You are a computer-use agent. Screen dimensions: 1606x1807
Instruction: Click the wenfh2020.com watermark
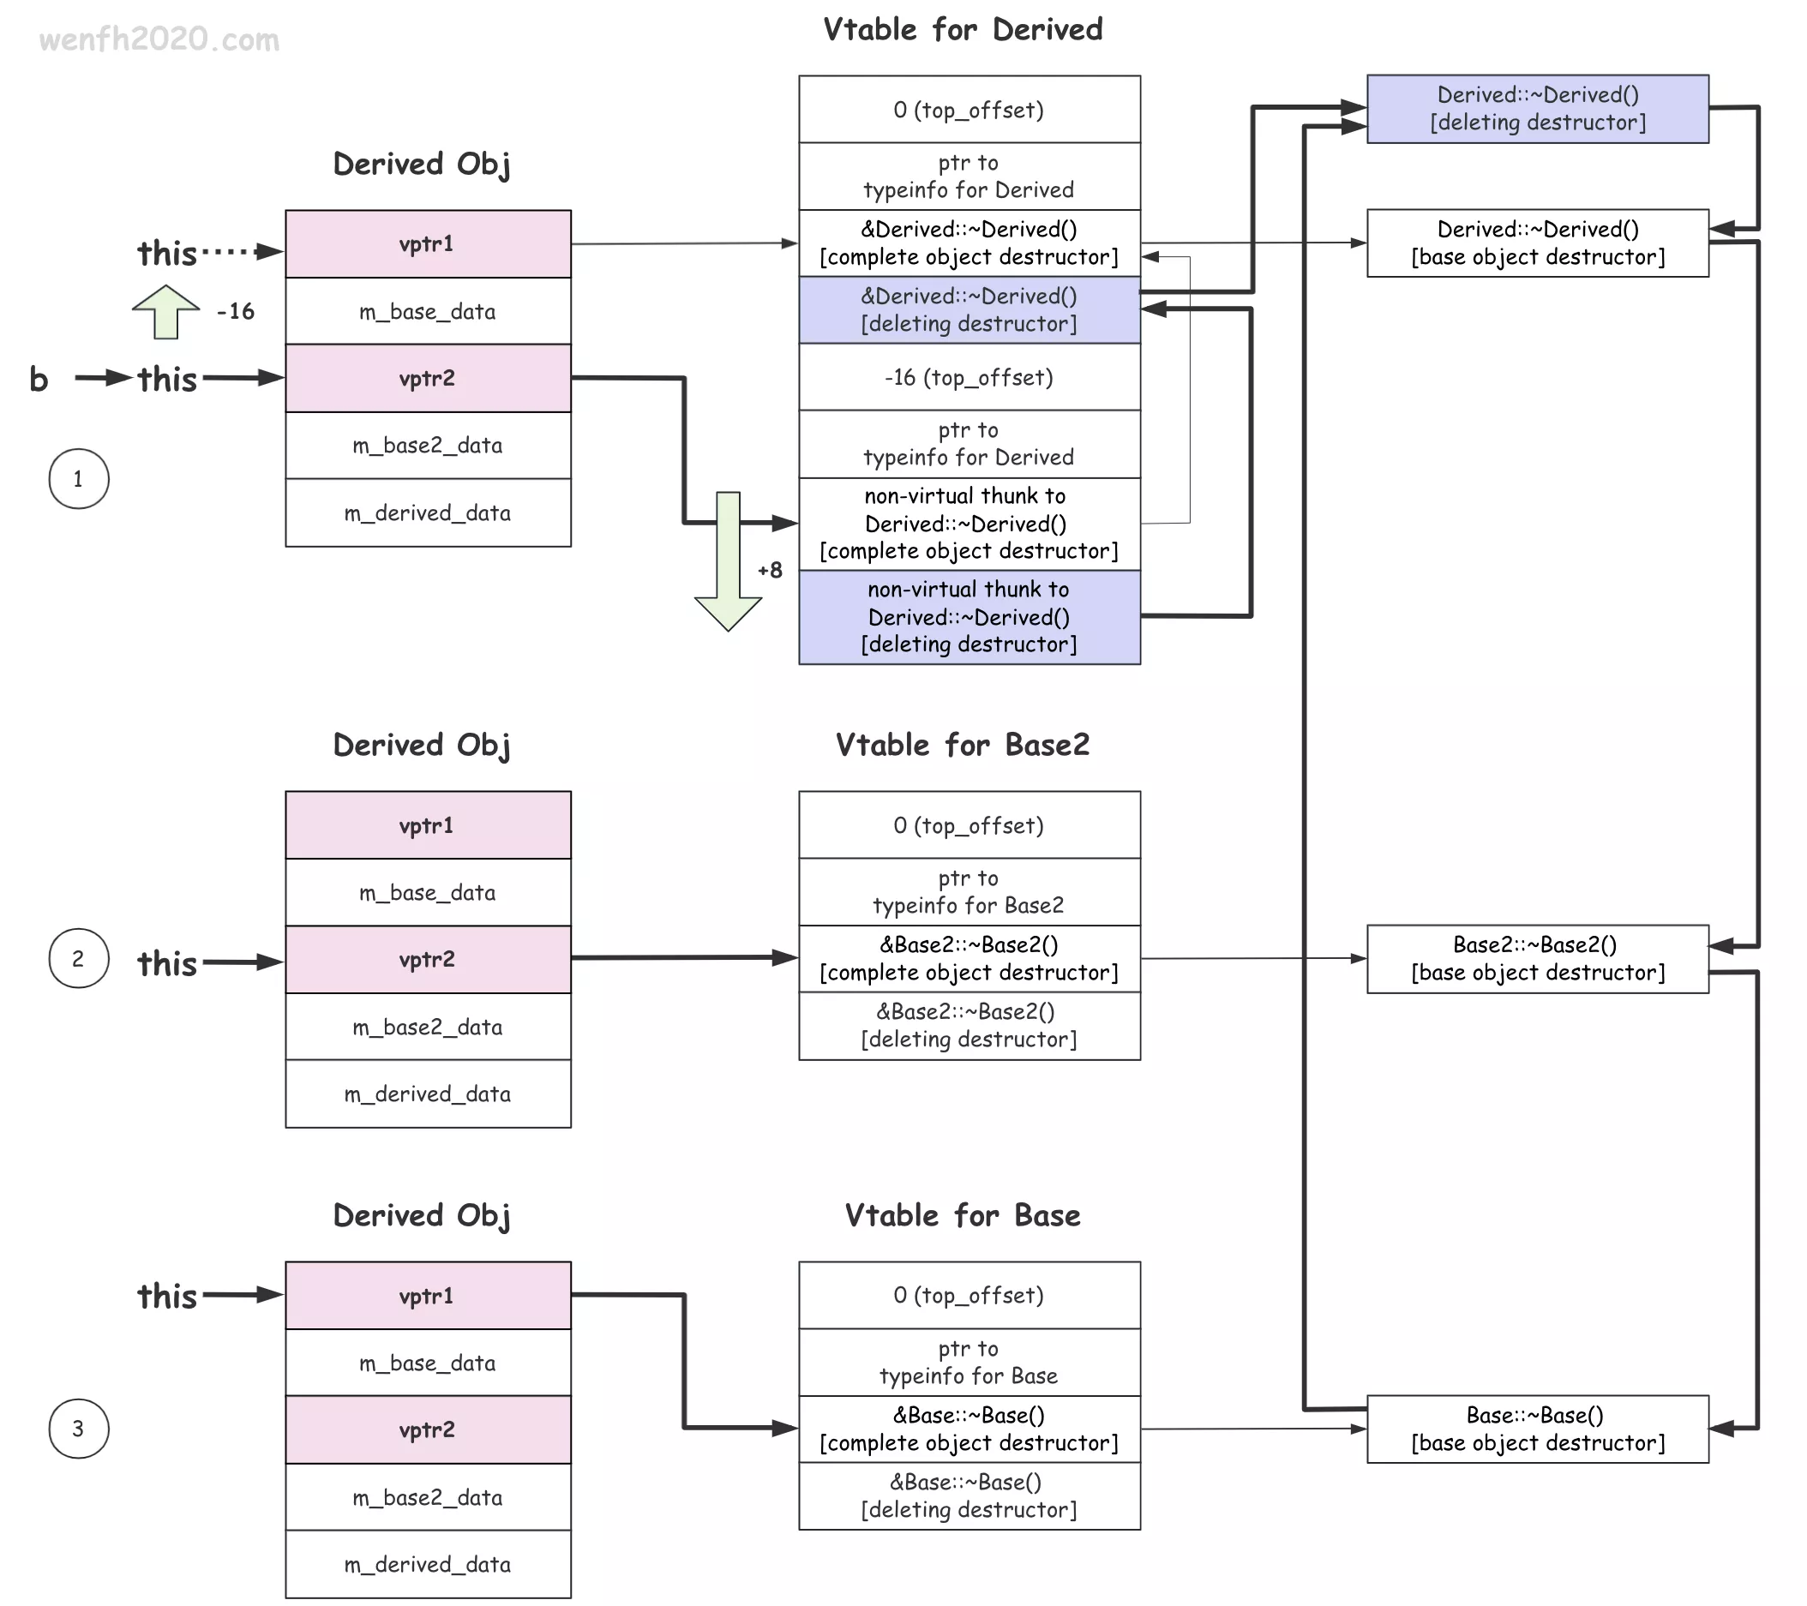(x=159, y=39)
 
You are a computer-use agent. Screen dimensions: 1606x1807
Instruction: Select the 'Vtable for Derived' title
(x=962, y=30)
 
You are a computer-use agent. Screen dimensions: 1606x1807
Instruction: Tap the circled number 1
(x=79, y=479)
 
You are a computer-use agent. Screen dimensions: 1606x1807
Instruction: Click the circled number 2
(x=79, y=959)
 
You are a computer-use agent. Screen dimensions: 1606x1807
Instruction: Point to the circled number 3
(x=79, y=1429)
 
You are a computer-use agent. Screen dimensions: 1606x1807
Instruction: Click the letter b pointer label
(x=39, y=379)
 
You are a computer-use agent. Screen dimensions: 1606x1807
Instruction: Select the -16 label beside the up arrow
(x=236, y=312)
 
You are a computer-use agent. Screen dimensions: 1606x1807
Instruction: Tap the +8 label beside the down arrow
(x=770, y=570)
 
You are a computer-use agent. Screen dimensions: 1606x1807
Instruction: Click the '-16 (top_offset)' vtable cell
(x=969, y=378)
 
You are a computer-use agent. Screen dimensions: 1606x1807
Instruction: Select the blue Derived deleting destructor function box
(x=1537, y=109)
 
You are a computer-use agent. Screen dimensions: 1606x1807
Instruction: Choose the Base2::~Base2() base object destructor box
(x=1537, y=959)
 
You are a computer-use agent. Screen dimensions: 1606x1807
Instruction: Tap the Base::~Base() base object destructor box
(x=1537, y=1429)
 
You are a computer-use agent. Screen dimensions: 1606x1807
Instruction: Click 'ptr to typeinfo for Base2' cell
(x=969, y=892)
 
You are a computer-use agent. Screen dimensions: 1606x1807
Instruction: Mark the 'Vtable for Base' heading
(x=962, y=1215)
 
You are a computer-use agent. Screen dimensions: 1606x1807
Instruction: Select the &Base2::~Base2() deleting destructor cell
(x=969, y=1025)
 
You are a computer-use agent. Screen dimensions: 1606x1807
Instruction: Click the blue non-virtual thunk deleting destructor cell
(x=969, y=617)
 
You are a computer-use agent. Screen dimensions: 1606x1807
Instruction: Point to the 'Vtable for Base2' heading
(x=962, y=745)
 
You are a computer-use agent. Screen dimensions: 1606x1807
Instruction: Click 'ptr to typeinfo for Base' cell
(x=969, y=1362)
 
